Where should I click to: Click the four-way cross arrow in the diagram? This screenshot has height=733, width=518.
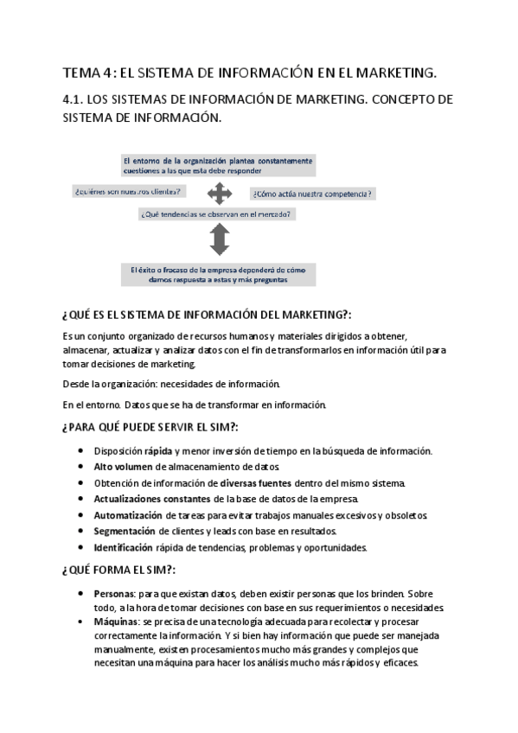coord(220,192)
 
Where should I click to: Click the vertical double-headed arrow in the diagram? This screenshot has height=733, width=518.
coord(219,238)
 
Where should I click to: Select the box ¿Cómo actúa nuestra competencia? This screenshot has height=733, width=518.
coord(313,194)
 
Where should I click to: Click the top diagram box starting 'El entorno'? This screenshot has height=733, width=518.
coord(218,166)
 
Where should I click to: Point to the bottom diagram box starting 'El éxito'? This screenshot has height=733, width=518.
coord(218,274)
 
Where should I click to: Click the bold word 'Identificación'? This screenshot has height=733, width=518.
coord(123,547)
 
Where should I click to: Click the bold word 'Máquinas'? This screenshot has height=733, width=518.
coord(116,621)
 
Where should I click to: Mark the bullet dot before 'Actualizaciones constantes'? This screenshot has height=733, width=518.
coord(80,500)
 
